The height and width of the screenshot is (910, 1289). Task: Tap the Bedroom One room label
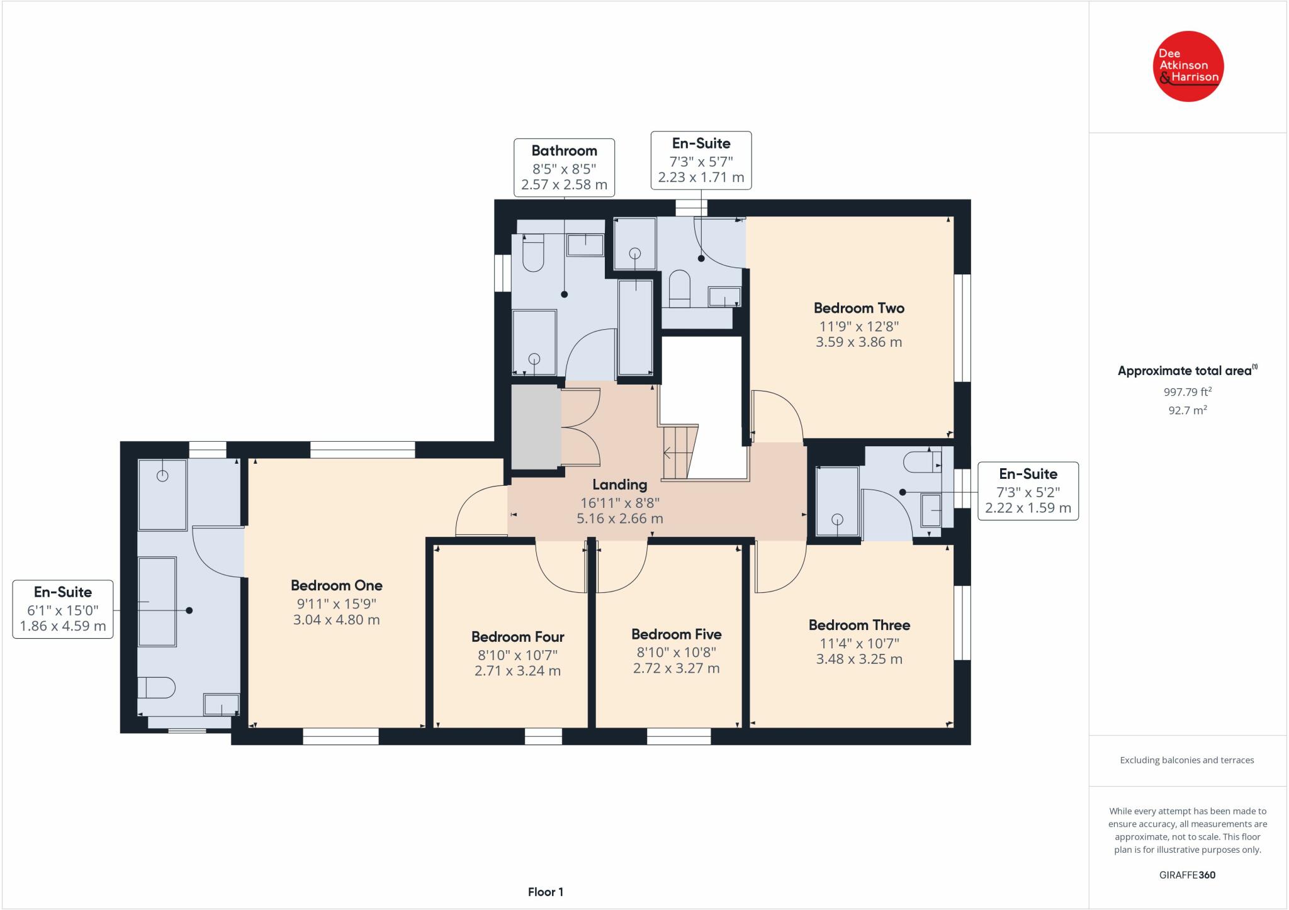[x=337, y=585]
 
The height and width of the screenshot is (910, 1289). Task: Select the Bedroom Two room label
[x=858, y=308]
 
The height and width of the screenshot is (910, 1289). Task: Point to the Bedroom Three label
[x=859, y=625]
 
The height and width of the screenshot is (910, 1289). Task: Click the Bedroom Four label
[x=517, y=637]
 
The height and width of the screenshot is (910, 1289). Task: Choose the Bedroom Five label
[x=676, y=634]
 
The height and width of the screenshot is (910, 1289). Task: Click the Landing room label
[x=619, y=485]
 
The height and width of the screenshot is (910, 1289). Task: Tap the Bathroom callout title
[x=564, y=150]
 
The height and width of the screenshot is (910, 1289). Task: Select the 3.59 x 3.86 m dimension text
[x=858, y=342]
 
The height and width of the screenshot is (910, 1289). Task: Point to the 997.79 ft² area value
[x=1188, y=391]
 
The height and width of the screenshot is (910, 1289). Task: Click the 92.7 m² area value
[x=1188, y=410]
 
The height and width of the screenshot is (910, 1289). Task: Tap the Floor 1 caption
[x=545, y=892]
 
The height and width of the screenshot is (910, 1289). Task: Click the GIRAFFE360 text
[x=1188, y=875]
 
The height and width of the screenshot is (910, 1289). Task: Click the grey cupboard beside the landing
[x=536, y=427]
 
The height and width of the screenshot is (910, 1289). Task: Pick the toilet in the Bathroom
[x=532, y=253]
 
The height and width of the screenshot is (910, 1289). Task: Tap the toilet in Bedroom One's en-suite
[x=155, y=687]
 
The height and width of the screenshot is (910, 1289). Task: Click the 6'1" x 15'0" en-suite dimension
[x=62, y=610]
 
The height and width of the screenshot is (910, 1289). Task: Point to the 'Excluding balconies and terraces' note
[x=1187, y=760]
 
